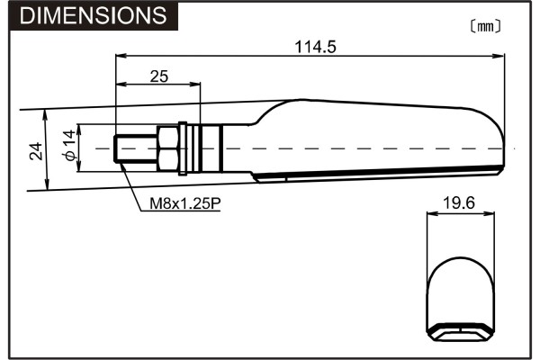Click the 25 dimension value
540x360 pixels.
click(159, 76)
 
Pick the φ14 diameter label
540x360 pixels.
click(68, 148)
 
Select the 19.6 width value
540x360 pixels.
click(459, 204)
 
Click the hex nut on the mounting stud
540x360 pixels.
click(167, 148)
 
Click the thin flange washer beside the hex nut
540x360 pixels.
click(183, 148)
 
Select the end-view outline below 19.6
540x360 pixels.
click(459, 288)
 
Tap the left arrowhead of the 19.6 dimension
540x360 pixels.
click(430, 214)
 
